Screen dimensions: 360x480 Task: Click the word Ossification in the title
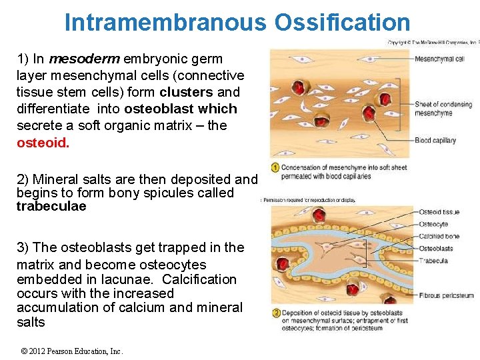pos(341,23)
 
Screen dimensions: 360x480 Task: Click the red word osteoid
pos(43,143)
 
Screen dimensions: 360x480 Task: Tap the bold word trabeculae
pos(51,207)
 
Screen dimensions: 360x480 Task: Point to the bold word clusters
pos(186,92)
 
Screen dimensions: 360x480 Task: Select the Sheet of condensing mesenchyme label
pos(443,109)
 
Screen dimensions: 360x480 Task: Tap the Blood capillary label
pos(435,141)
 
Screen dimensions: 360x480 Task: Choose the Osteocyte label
pos(433,225)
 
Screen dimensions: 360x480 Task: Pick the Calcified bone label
pos(439,237)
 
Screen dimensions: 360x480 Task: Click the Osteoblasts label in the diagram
pos(435,249)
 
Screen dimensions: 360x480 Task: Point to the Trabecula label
pos(433,261)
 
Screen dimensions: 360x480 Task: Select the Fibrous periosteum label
pos(446,295)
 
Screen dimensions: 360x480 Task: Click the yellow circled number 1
pos(275,167)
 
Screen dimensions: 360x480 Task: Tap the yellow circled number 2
pos(275,313)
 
